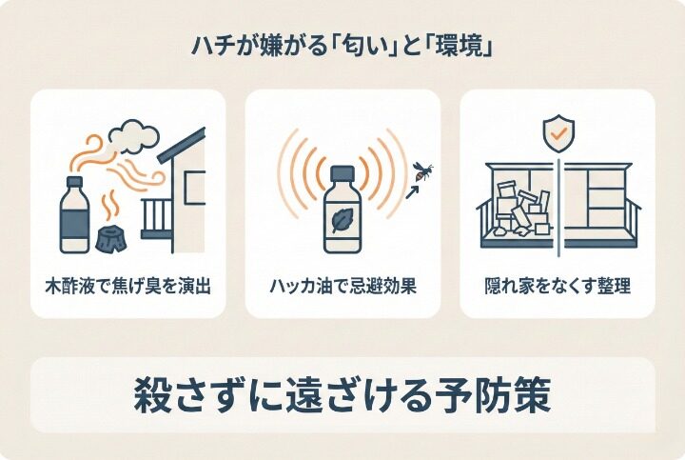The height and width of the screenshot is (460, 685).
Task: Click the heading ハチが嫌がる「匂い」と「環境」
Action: click(x=342, y=45)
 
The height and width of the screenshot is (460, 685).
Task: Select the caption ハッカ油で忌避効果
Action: click(x=342, y=285)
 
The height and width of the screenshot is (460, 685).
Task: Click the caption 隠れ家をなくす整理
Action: click(x=558, y=285)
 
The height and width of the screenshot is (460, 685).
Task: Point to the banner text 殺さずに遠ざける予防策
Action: click(x=342, y=395)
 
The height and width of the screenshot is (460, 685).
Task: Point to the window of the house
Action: click(x=194, y=185)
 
